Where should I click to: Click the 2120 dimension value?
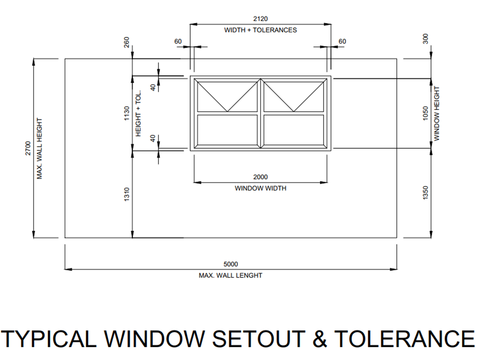tap(260, 19)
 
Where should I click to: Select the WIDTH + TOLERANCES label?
tap(260, 30)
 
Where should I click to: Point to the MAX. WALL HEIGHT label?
tap(39, 149)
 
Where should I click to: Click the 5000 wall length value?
tap(231, 265)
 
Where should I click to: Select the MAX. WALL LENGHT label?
tap(231, 276)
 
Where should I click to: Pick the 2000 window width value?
tap(260, 177)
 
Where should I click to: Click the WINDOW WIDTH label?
tap(260, 189)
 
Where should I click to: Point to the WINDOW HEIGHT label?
tap(437, 113)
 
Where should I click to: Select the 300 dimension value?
tap(425, 39)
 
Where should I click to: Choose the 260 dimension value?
tap(127, 41)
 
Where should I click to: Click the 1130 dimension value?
tap(127, 113)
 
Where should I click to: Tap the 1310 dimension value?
tap(127, 194)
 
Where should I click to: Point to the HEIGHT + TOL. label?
tap(138, 113)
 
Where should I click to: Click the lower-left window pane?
tap(227, 130)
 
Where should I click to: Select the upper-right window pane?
tap(294, 96)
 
